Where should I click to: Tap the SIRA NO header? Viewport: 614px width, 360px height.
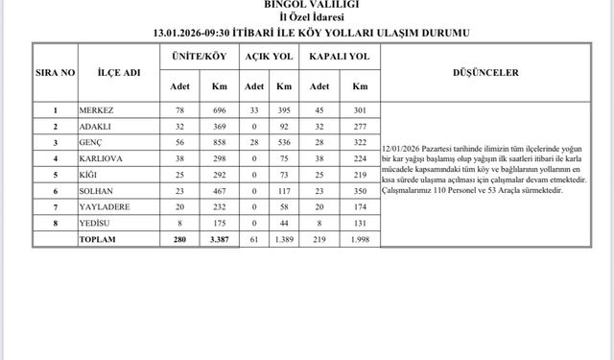[57, 71]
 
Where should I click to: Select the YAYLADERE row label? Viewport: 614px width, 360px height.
[105, 206]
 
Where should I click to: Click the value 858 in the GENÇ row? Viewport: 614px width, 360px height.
[218, 142]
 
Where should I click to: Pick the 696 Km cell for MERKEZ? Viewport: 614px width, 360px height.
[218, 110]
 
